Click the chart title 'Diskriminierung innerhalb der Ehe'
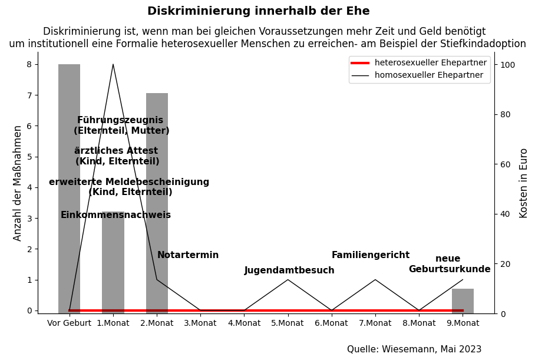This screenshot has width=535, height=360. pyautogui.click(x=258, y=11)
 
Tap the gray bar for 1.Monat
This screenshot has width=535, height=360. pyautogui.click(x=113, y=265)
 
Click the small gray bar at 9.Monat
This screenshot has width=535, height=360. pyautogui.click(x=463, y=300)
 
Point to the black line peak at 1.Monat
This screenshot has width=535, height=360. pyautogui.click(x=113, y=65)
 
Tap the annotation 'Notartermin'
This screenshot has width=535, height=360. pyautogui.click(x=188, y=255)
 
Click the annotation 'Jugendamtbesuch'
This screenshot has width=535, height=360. pyautogui.click(x=289, y=270)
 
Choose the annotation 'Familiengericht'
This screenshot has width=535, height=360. pyautogui.click(x=370, y=255)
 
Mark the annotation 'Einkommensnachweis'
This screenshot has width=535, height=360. pyautogui.click(x=115, y=215)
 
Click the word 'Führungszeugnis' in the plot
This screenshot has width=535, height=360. pyautogui.click(x=120, y=120)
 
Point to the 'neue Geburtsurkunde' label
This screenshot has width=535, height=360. pyautogui.click(x=449, y=264)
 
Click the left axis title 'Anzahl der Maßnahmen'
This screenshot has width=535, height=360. pyautogui.click(x=18, y=183)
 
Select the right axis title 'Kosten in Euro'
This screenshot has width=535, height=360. pyautogui.click(x=523, y=183)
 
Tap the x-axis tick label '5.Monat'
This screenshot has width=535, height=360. pyautogui.click(x=288, y=323)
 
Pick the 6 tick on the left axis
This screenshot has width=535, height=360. pyautogui.click(x=29, y=126)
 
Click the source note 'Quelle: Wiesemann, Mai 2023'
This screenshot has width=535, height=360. pyautogui.click(x=414, y=349)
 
